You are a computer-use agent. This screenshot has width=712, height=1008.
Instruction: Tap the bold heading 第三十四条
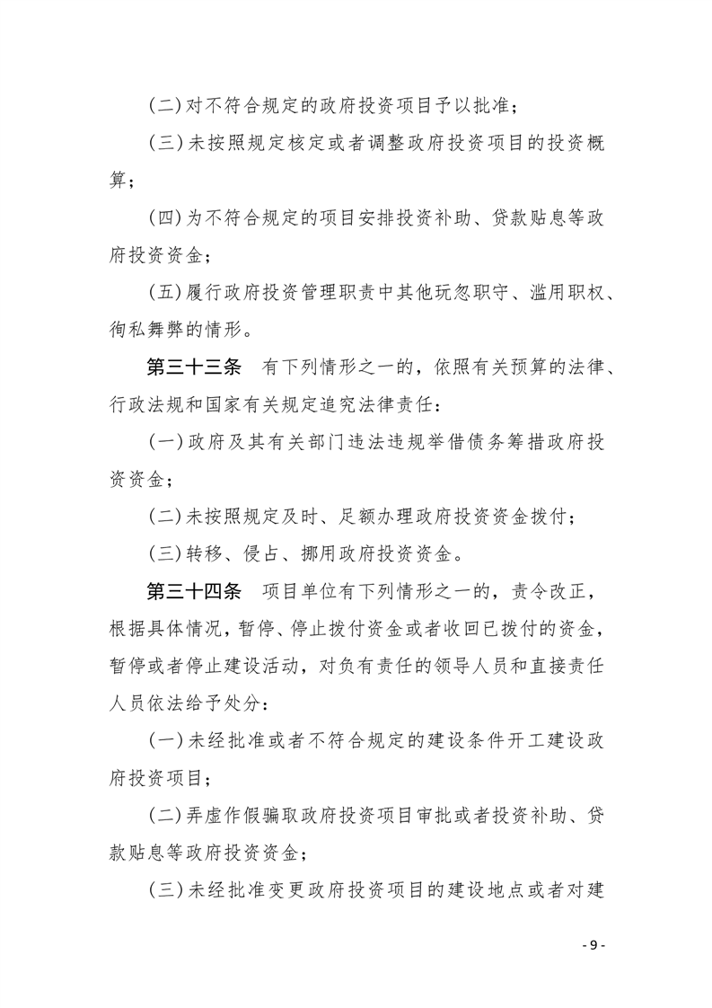click(194, 591)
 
